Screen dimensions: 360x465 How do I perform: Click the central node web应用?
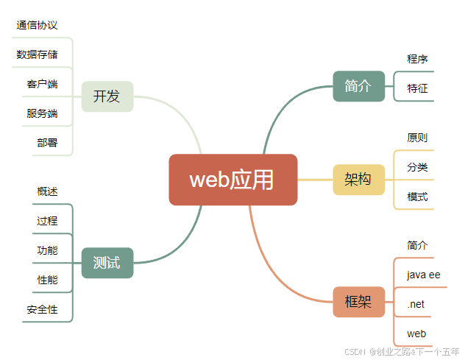(232, 180)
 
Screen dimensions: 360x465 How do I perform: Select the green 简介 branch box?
(358, 86)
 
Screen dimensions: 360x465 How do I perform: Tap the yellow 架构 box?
(358, 180)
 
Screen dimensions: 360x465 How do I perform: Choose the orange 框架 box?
(358, 302)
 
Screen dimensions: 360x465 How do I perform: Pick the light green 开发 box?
(107, 96)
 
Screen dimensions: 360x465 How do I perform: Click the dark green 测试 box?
(107, 263)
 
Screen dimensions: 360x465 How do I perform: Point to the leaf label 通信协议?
(37, 25)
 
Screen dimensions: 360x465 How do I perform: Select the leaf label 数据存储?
(37, 54)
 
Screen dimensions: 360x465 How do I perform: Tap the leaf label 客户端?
(42, 84)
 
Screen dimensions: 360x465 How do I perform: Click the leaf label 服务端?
(42, 113)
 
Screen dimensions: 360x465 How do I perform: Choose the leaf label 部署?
(47, 143)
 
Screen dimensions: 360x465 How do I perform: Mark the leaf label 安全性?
(42, 310)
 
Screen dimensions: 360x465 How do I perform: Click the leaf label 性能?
(47, 280)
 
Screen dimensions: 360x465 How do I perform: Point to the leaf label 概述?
(47, 191)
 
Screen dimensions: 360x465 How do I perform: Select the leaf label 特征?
(417, 88)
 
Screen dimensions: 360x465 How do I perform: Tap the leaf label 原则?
(417, 138)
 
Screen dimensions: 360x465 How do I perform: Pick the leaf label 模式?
(417, 197)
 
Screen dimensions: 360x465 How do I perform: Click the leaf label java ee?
(423, 275)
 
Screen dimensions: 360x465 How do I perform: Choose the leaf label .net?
(416, 304)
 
